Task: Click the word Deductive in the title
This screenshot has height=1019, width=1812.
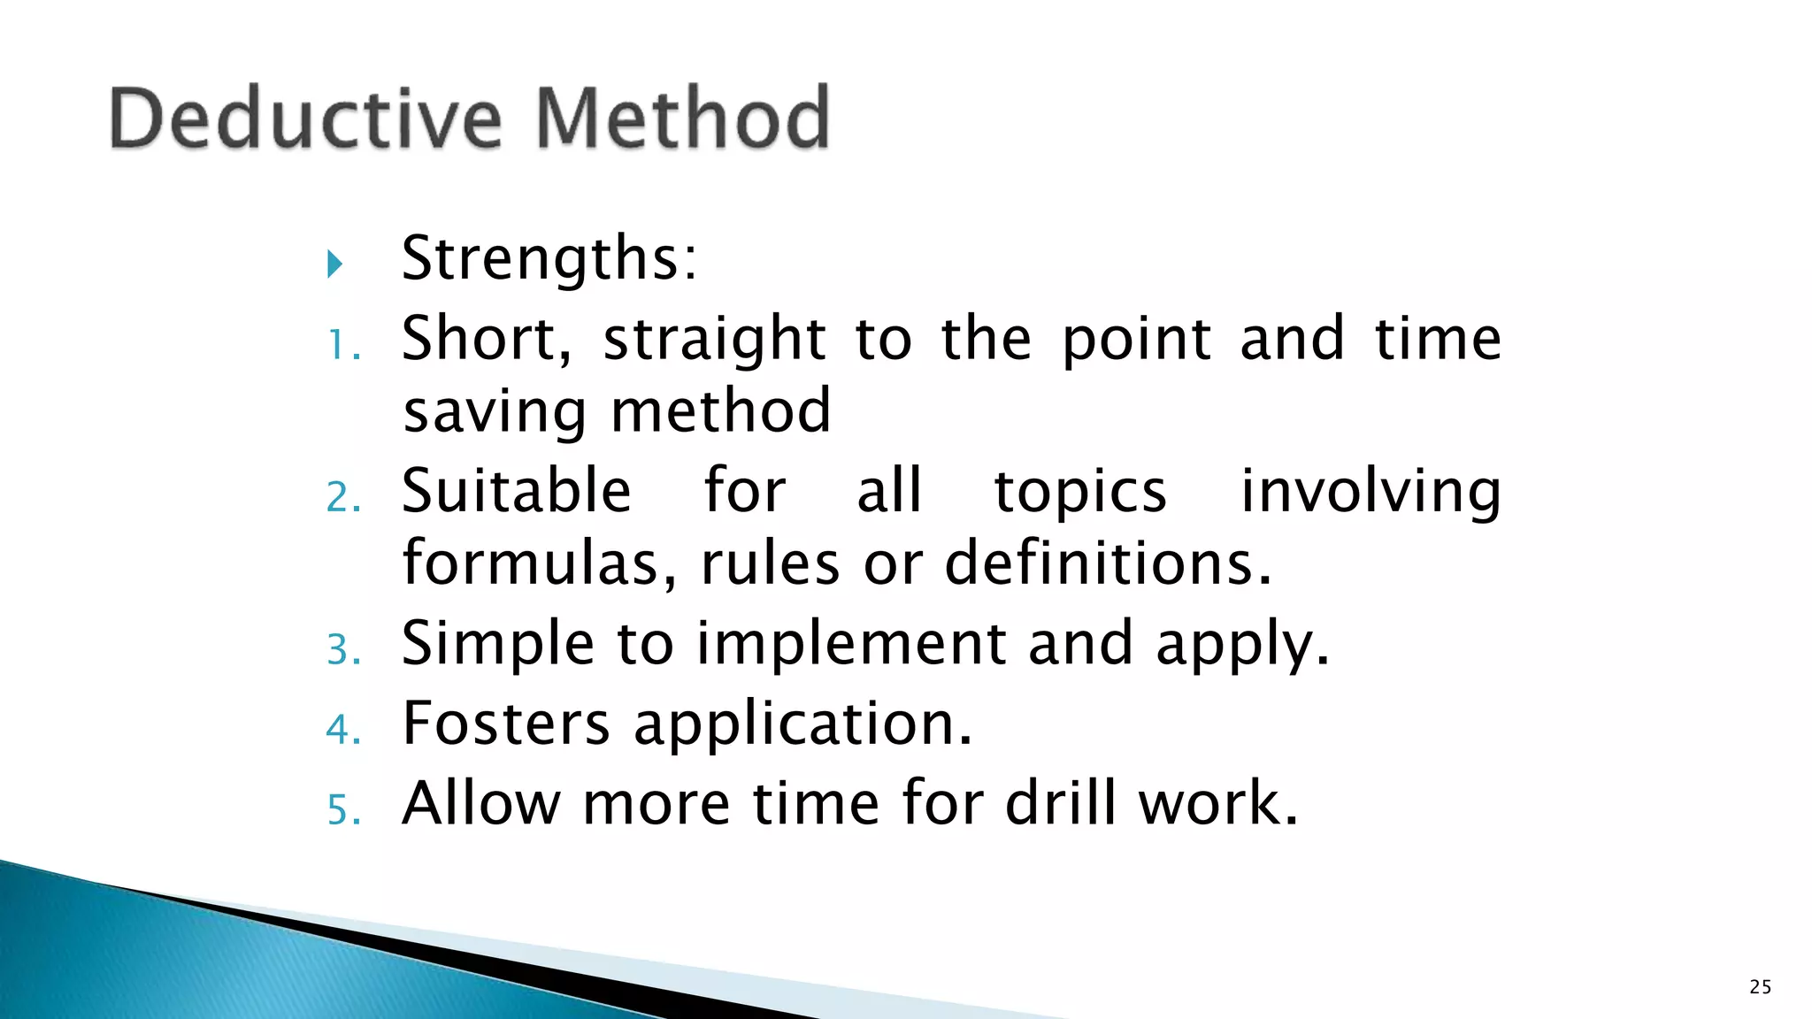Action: click(306, 118)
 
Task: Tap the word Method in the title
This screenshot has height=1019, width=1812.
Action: click(683, 118)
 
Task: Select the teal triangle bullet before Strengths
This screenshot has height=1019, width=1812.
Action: click(334, 264)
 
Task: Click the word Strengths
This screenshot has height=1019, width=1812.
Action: click(549, 259)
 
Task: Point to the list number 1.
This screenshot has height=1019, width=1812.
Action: click(342, 345)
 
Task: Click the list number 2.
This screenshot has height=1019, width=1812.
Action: click(342, 497)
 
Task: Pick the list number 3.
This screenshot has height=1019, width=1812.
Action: click(342, 650)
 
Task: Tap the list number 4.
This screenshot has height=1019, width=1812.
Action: click(342, 730)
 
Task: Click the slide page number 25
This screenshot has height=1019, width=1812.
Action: click(1760, 987)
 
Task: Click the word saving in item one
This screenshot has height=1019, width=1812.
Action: click(494, 412)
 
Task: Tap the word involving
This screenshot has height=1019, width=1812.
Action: click(1371, 493)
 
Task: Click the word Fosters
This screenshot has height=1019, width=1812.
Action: click(506, 724)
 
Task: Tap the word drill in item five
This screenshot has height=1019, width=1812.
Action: click(1060, 803)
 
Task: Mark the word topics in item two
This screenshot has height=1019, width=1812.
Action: click(1080, 493)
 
